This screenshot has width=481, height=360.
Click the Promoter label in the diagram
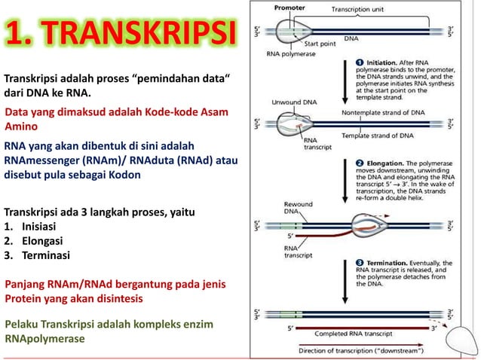click(289, 7)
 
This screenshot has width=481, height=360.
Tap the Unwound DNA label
click(288, 100)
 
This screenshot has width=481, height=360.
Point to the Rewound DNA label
click(293, 207)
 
